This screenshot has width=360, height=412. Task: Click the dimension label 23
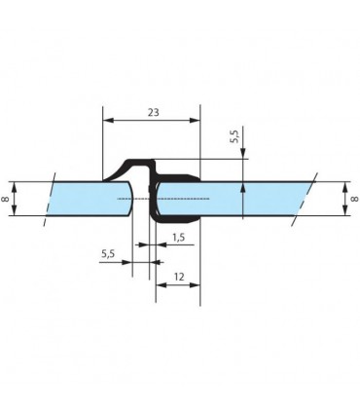point(154,112)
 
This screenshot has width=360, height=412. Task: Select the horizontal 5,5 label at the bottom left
point(108,253)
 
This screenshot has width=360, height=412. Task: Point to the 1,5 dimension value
point(178,238)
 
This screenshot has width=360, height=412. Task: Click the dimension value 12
point(179,277)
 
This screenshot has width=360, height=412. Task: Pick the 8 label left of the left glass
point(6,198)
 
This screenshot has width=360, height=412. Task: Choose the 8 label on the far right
point(355,198)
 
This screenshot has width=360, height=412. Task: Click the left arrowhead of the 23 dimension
point(108,121)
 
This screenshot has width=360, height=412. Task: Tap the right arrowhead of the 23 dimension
point(195,121)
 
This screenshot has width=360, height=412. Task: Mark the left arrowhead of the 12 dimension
point(161,285)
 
